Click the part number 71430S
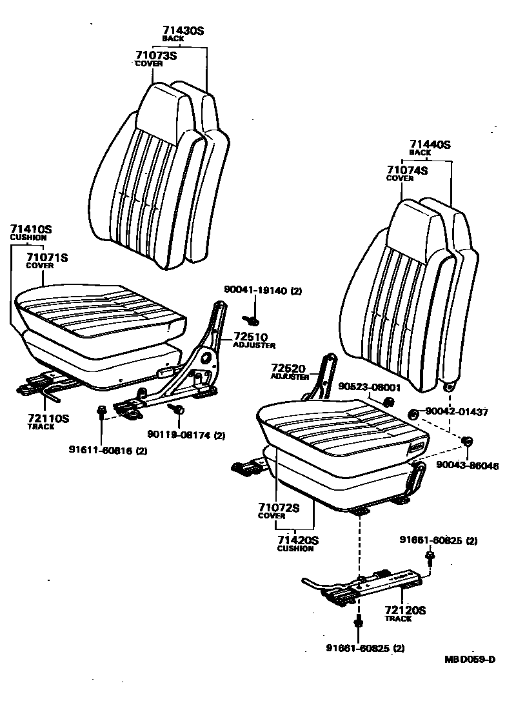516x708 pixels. pyautogui.click(x=183, y=30)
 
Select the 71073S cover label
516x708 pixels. pyautogui.click(x=155, y=55)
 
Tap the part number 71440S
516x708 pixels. pyautogui.click(x=430, y=145)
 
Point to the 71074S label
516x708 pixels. pyautogui.click(x=407, y=170)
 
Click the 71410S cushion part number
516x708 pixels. pyautogui.click(x=31, y=229)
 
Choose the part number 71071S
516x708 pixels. pyautogui.click(x=46, y=258)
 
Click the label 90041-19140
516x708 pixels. pyautogui.click(x=255, y=291)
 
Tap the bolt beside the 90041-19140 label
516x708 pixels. pyautogui.click(x=252, y=319)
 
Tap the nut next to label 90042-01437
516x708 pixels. pyautogui.click(x=412, y=413)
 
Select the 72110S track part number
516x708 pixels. pyautogui.click(x=48, y=418)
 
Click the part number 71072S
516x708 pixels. pyautogui.click(x=279, y=507)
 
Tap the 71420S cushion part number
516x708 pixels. pyautogui.click(x=298, y=540)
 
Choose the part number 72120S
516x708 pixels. pyautogui.click(x=405, y=610)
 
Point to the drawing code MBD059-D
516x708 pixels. pyautogui.click(x=470, y=659)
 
